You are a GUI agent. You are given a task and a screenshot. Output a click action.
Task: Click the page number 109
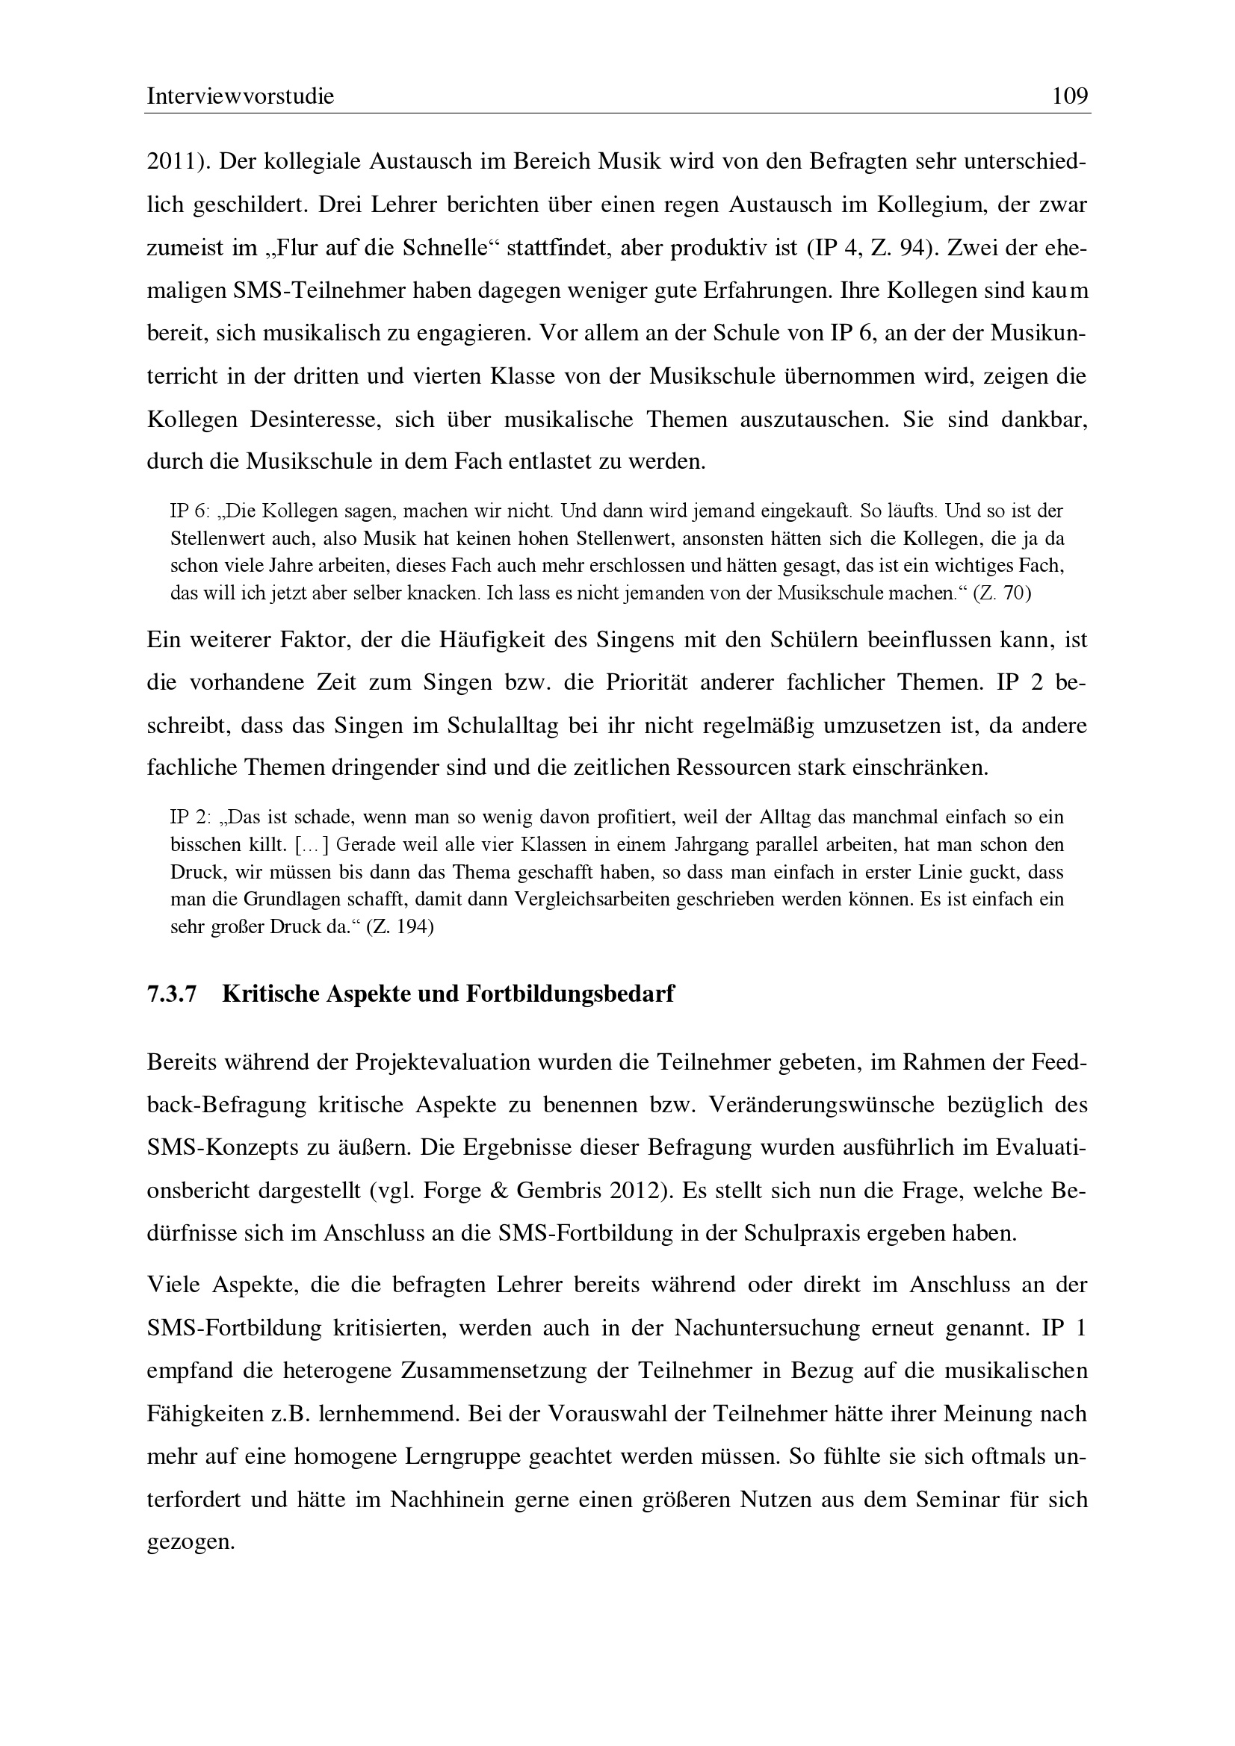pos(1070,96)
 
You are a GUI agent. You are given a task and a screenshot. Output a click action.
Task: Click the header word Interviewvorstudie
pos(241,96)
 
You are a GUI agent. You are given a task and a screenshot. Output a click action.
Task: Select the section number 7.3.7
pos(172,994)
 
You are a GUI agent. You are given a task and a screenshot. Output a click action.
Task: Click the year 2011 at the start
pos(171,162)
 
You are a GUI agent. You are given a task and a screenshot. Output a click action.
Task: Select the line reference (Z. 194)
pos(400,927)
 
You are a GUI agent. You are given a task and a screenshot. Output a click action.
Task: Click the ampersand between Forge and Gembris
pos(499,1191)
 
